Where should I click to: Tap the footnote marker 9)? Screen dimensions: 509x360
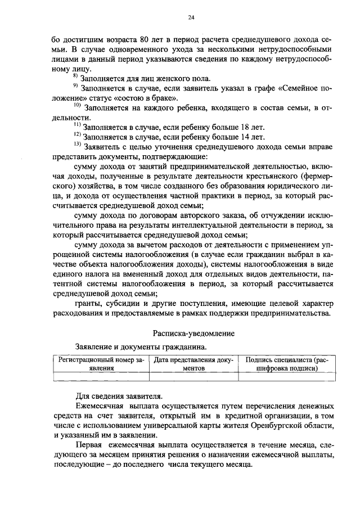point(76,87)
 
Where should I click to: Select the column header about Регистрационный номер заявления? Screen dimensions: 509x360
point(98,363)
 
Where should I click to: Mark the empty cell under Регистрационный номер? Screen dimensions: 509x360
point(98,377)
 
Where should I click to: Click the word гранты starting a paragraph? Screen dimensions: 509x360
point(88,304)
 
